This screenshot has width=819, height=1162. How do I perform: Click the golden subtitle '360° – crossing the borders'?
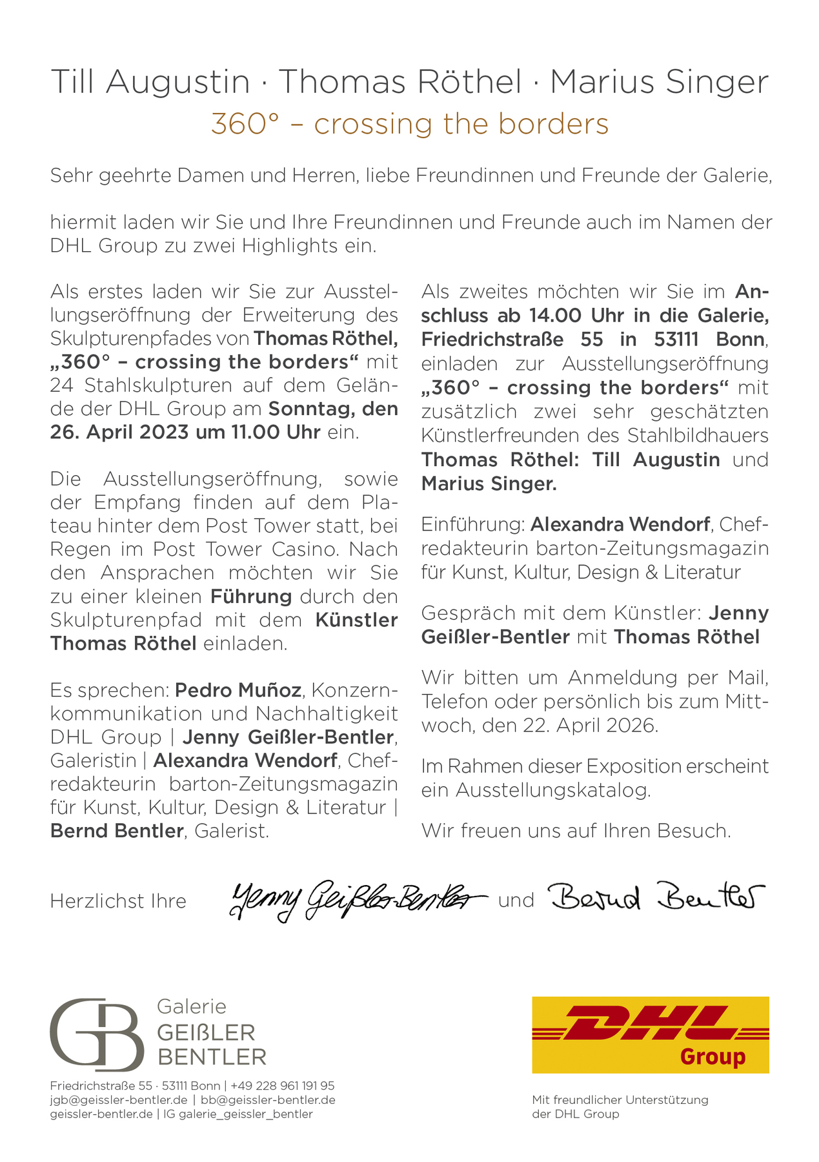click(409, 124)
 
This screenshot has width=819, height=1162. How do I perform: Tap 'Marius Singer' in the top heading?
click(659, 82)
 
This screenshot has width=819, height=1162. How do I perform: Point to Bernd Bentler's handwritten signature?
click(657, 897)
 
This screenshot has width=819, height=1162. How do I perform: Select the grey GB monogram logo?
click(97, 1034)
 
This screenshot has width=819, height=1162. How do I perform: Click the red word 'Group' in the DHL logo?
click(713, 1057)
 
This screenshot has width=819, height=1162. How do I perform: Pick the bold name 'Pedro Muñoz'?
click(238, 690)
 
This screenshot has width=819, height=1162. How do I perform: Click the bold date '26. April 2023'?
click(119, 432)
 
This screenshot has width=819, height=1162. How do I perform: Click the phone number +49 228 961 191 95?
click(282, 1086)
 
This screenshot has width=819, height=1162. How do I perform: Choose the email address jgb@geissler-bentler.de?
click(119, 1099)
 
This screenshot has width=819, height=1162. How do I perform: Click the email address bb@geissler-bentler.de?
click(268, 1099)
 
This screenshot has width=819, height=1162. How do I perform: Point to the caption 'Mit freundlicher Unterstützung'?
click(620, 1099)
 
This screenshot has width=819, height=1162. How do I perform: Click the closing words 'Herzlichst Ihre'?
click(118, 901)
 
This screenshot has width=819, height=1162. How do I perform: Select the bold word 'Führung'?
click(251, 596)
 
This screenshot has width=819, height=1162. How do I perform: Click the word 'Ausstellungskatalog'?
click(552, 790)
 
